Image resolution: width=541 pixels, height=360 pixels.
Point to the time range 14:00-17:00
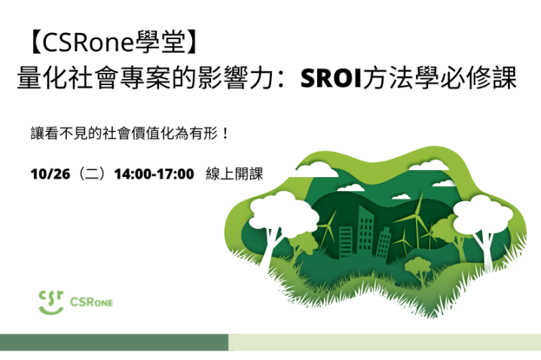click(x=154, y=173)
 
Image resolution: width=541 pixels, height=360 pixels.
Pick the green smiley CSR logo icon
click(x=50, y=301)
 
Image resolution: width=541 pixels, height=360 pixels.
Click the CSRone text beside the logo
click(x=91, y=303)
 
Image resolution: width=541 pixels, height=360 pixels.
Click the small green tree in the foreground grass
click(x=419, y=267)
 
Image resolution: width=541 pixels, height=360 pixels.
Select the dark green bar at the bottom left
click(x=114, y=343)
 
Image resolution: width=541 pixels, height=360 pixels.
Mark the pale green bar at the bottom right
click(x=384, y=343)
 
